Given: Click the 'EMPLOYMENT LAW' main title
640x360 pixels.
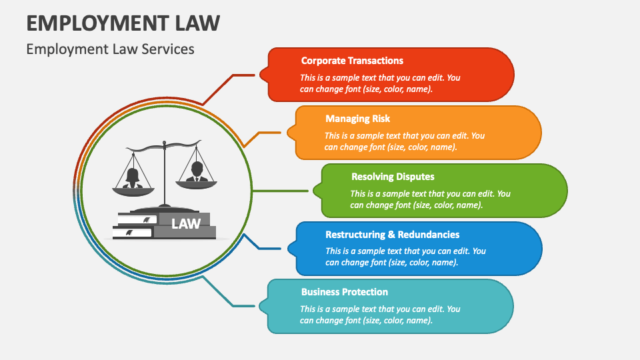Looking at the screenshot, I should click(x=123, y=23).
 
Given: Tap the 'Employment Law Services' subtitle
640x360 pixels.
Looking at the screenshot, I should click(x=110, y=49).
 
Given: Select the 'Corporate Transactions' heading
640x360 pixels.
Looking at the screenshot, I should click(x=352, y=61).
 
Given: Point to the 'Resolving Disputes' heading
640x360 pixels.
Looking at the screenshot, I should click(x=393, y=177).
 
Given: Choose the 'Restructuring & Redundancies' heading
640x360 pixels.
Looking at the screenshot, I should click(x=392, y=235).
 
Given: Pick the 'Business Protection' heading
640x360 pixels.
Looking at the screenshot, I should click(x=344, y=292).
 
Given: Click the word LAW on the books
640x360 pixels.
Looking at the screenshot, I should click(x=186, y=224).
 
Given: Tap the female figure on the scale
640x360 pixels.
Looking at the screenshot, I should click(x=132, y=177).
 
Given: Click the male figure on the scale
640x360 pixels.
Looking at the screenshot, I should click(x=196, y=171).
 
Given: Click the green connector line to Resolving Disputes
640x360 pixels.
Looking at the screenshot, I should click(x=280, y=191).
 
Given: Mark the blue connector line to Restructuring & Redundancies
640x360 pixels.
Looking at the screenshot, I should click(x=267, y=249).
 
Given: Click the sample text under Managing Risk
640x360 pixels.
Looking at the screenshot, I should click(x=405, y=141).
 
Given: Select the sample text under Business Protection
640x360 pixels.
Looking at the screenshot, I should click(x=380, y=315).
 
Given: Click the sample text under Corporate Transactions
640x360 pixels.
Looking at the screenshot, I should click(x=380, y=83).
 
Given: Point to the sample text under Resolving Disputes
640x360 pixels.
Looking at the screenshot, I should click(x=430, y=199).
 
